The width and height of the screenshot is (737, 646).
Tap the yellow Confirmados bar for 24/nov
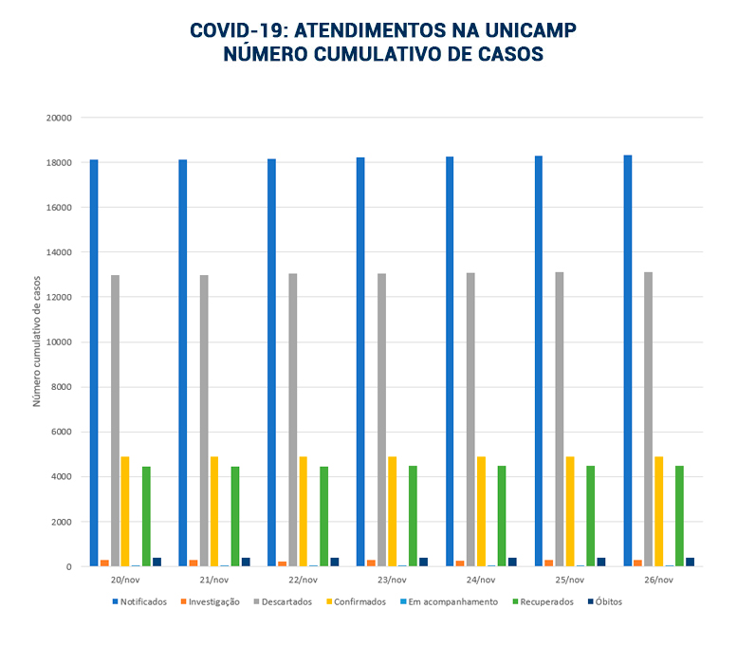click(x=481, y=511)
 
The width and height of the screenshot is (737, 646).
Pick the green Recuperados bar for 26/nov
click(x=679, y=516)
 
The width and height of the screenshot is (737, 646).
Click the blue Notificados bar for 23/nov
click(x=360, y=361)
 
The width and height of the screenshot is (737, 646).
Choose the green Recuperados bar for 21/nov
click(x=235, y=516)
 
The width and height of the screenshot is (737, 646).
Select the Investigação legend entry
click(x=211, y=601)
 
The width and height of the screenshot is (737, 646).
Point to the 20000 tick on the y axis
click(x=59, y=119)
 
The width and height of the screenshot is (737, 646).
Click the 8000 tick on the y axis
click(x=62, y=387)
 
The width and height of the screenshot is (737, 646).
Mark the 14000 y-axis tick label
click(x=59, y=252)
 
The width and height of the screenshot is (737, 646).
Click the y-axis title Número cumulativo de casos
click(x=38, y=341)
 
